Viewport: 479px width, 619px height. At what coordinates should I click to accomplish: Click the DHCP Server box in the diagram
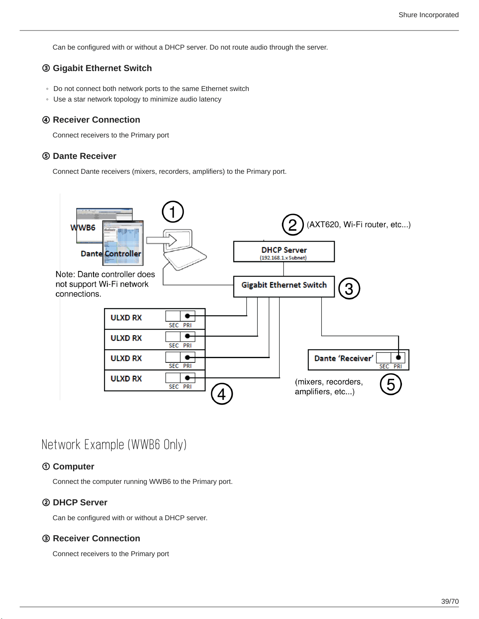click(x=284, y=252)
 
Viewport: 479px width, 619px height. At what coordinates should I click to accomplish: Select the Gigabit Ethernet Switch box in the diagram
click(x=284, y=287)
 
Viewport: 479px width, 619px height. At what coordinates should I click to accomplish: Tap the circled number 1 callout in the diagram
click(x=173, y=212)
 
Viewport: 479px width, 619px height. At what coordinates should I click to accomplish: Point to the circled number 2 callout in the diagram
click(x=293, y=225)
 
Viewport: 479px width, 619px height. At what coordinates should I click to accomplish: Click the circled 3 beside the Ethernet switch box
click(x=349, y=289)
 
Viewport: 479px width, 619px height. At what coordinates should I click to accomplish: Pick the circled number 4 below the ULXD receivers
click(x=222, y=394)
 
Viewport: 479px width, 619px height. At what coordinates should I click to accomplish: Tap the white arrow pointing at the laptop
click(x=161, y=241)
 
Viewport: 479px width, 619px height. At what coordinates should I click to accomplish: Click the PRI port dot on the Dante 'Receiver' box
click(x=398, y=357)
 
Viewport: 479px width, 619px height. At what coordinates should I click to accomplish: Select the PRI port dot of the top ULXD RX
click(x=187, y=316)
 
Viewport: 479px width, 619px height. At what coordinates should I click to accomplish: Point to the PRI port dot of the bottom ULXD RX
click(x=187, y=378)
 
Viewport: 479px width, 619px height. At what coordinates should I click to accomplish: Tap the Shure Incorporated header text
click(x=429, y=15)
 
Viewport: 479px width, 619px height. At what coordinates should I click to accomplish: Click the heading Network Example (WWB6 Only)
click(x=114, y=445)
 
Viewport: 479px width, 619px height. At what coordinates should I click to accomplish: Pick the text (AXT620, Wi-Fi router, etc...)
click(x=359, y=225)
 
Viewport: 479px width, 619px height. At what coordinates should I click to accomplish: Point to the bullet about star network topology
click(x=137, y=99)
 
